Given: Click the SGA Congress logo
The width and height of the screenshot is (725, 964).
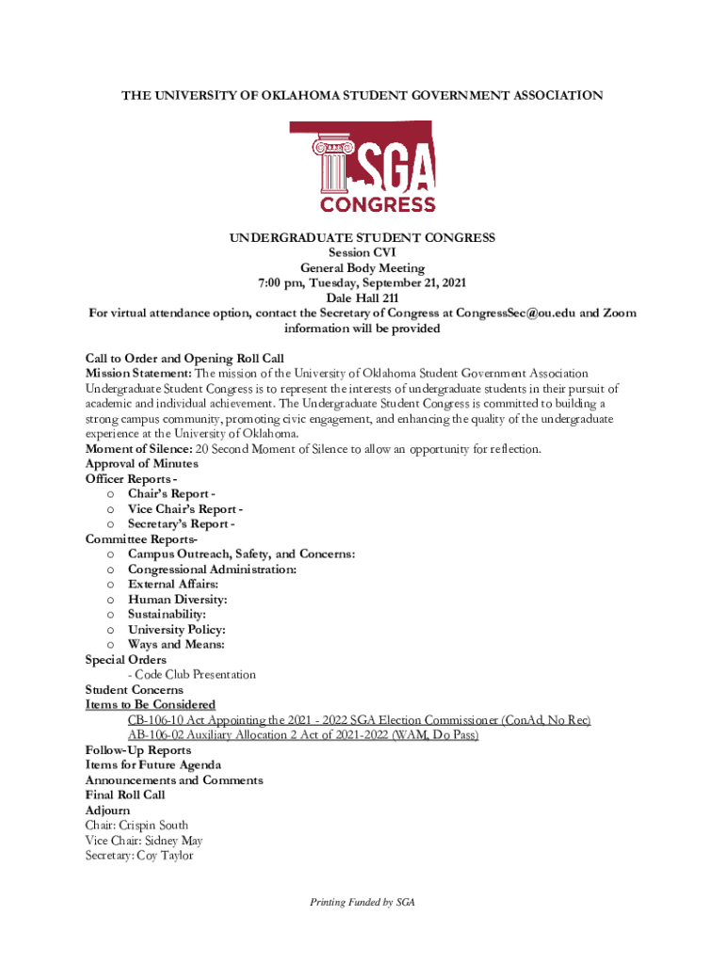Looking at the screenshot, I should click(x=362, y=168).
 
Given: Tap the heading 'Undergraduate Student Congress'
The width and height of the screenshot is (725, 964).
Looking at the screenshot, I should click(x=362, y=238).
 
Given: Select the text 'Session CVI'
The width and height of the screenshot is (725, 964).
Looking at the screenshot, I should click(x=362, y=253).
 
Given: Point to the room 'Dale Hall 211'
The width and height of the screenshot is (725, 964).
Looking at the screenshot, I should click(x=362, y=298).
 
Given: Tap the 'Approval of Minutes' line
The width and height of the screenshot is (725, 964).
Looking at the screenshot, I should click(x=141, y=464).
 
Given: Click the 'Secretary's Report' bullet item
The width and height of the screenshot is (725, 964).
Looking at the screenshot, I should click(x=181, y=524).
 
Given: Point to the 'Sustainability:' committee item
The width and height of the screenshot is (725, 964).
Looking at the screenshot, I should click(x=167, y=615).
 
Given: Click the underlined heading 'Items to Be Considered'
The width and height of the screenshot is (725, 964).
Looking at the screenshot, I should click(x=150, y=705).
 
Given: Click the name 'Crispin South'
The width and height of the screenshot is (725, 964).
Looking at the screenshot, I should click(x=155, y=826).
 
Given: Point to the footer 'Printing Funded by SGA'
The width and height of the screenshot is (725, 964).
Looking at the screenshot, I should click(x=362, y=902).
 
